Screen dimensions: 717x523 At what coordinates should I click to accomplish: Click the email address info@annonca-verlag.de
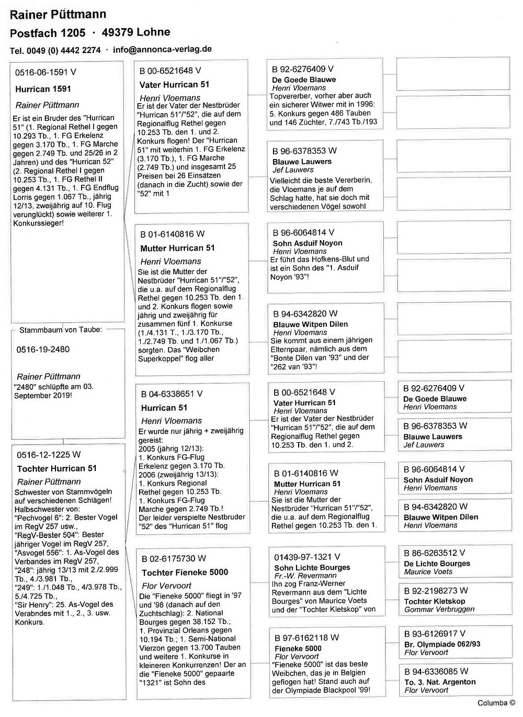pyautogui.click(x=162, y=49)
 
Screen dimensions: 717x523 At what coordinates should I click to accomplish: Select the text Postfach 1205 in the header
pyautogui.click(x=48, y=33)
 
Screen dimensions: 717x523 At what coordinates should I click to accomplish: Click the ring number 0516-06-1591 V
pyautogui.click(x=46, y=73)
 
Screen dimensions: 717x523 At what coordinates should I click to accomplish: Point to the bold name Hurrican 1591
pyautogui.click(x=43, y=89)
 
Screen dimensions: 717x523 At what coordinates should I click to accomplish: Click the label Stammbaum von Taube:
pyautogui.click(x=61, y=330)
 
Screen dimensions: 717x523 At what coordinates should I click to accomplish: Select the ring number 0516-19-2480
pyautogui.click(x=43, y=350)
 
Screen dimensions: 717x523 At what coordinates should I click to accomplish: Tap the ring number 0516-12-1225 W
pyautogui.click(x=49, y=455)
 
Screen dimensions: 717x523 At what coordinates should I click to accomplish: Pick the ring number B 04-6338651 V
pyautogui.click(x=172, y=394)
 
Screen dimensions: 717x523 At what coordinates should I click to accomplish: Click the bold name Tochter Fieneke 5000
pyautogui.click(x=185, y=572)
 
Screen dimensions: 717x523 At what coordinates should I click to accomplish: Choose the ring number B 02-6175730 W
pyautogui.click(x=174, y=558)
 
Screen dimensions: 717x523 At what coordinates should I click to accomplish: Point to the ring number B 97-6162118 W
pyautogui.click(x=306, y=637)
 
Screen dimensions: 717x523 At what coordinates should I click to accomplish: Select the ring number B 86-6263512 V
pyautogui.click(x=434, y=553)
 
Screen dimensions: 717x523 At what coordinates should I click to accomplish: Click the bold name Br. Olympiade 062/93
pyautogui.click(x=442, y=644)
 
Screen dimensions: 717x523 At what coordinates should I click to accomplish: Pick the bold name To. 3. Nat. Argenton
pyautogui.click(x=440, y=682)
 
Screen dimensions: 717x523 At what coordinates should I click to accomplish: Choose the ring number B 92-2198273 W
pyautogui.click(x=436, y=590)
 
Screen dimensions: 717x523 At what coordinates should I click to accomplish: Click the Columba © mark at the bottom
pyautogui.click(x=496, y=703)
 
